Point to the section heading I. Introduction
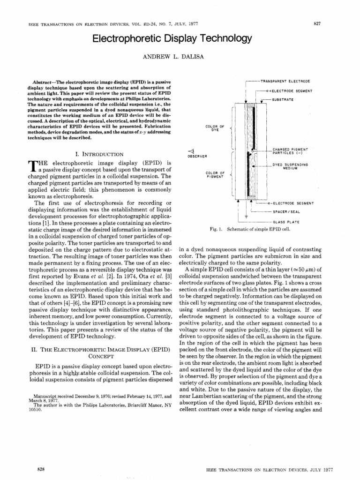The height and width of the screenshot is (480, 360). [x=99, y=154]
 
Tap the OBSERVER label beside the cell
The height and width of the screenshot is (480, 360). [x=198, y=156]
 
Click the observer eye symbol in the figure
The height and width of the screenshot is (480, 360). [x=192, y=150]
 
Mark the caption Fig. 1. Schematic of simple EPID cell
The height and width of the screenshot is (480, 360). [x=250, y=229]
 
